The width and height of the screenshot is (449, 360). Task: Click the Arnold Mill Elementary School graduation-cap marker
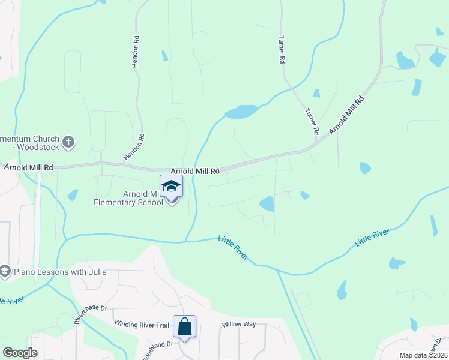pyautogui.click(x=172, y=187)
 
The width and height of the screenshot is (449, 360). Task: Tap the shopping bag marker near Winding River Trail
pyautogui.click(x=184, y=327)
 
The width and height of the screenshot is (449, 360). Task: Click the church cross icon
pyautogui.click(x=69, y=142)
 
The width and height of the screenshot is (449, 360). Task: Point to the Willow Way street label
pyautogui.click(x=239, y=324)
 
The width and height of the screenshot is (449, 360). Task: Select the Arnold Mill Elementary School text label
pyautogui.click(x=128, y=198)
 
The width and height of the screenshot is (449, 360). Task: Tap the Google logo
pyautogui.click(x=20, y=353)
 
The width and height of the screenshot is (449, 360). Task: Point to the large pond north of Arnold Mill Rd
pyautogui.click(x=241, y=112)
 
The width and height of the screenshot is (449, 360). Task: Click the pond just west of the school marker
pyautogui.click(x=73, y=195)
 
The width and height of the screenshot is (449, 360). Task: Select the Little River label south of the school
pyautogui.click(x=234, y=247)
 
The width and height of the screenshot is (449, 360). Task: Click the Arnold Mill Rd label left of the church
pyautogui.click(x=29, y=167)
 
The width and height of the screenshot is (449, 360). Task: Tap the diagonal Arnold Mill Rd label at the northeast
pyautogui.click(x=347, y=115)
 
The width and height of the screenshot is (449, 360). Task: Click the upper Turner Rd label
pyautogui.click(x=280, y=50)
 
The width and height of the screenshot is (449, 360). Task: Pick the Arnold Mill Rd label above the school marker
pyautogui.click(x=195, y=171)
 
